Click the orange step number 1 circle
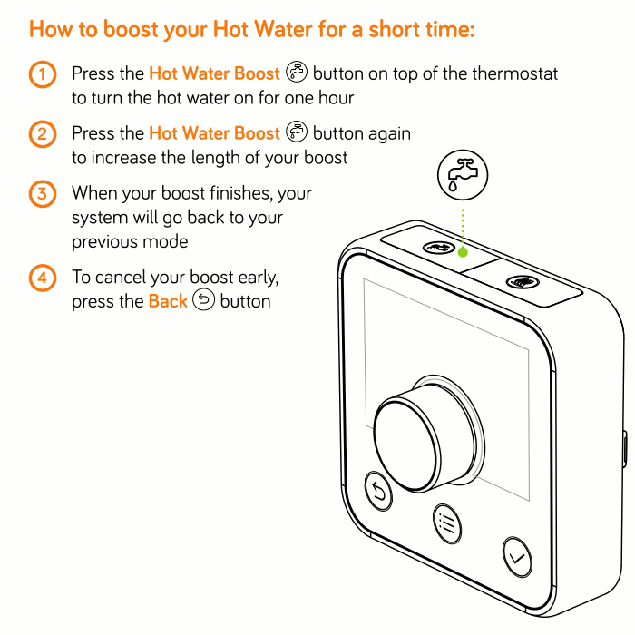pyautogui.click(x=42, y=74)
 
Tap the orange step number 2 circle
pyautogui.click(x=42, y=134)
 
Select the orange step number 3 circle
pyautogui.click(x=42, y=194)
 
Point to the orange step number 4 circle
pyautogui.click(x=42, y=278)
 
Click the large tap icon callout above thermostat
pyautogui.click(x=463, y=175)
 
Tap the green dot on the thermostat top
pyautogui.click(x=463, y=252)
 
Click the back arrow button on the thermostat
pyautogui.click(x=378, y=491)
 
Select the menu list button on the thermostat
pyautogui.click(x=447, y=524)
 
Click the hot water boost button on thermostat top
pyautogui.click(x=438, y=247)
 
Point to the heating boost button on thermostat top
pyautogui.click(x=523, y=282)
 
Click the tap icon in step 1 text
pyautogui.click(x=297, y=72)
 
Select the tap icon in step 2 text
pyautogui.click(x=297, y=132)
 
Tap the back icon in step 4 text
pyautogui.click(x=203, y=299)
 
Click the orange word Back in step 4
pyautogui.click(x=168, y=301)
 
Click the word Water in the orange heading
pyautogui.click(x=284, y=29)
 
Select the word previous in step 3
pyautogui.click(x=103, y=242)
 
